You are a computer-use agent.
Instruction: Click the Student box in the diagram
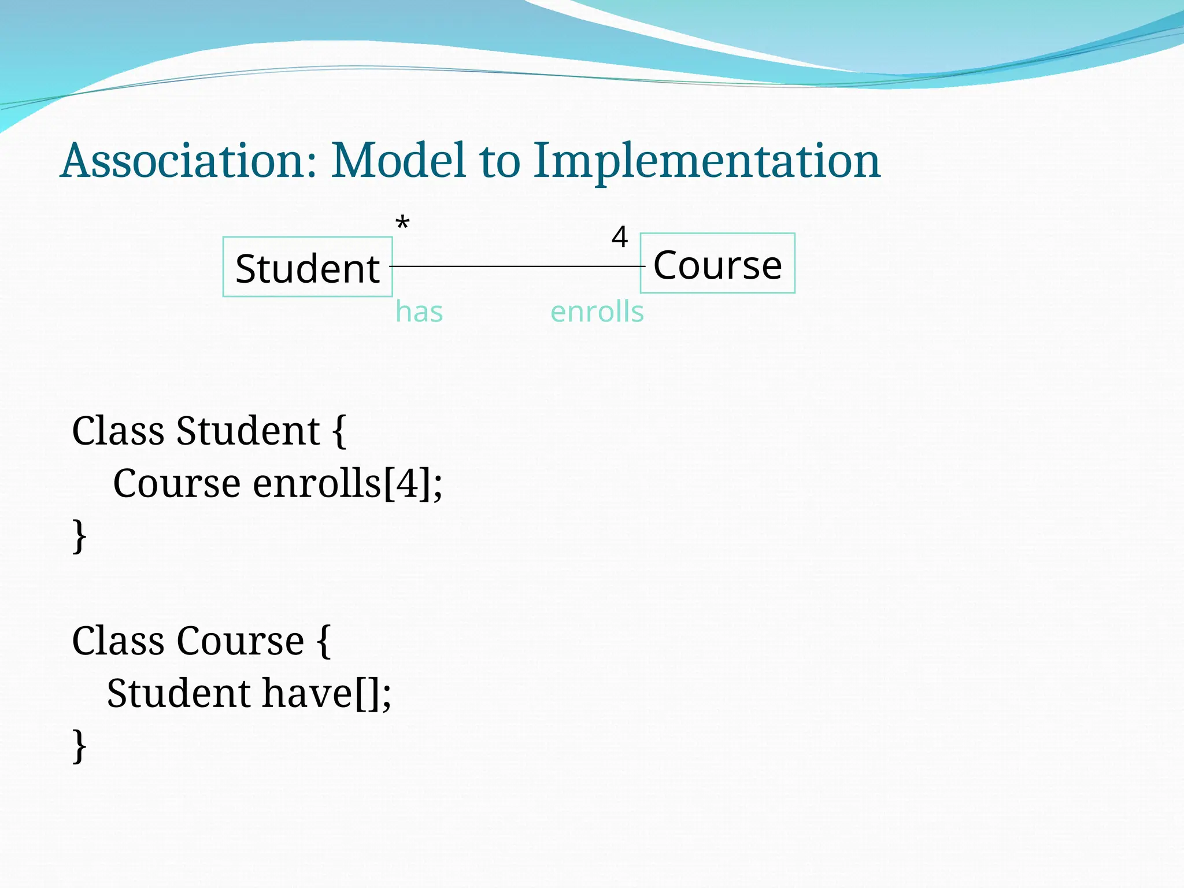pyautogui.click(x=308, y=267)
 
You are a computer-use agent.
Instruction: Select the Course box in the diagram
pyautogui.click(x=717, y=264)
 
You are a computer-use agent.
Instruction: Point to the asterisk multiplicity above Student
pyautogui.click(x=402, y=223)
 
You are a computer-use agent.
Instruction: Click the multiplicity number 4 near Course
pyautogui.click(x=620, y=237)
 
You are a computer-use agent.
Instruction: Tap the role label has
pyautogui.click(x=419, y=312)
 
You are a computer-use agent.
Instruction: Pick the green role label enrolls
pyautogui.click(x=597, y=312)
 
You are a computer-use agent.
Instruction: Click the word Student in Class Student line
pyautogui.click(x=248, y=431)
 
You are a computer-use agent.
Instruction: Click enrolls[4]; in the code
pyautogui.click(x=347, y=483)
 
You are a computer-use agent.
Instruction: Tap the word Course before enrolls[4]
pyautogui.click(x=176, y=483)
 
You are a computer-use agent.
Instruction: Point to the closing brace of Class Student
pyautogui.click(x=80, y=536)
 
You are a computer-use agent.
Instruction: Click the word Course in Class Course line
pyautogui.click(x=240, y=641)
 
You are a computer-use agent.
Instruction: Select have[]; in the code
pyautogui.click(x=327, y=693)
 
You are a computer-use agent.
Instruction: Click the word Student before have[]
pyautogui.click(x=179, y=693)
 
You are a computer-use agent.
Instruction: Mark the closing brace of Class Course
pyautogui.click(x=80, y=746)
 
